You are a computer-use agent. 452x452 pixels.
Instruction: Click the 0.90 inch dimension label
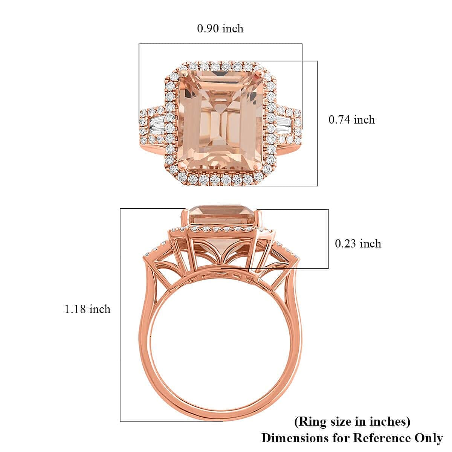point(220,29)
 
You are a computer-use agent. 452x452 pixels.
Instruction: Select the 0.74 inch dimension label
point(352,120)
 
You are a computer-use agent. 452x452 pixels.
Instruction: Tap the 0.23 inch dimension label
point(358,244)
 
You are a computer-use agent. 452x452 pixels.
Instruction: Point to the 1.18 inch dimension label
point(88,309)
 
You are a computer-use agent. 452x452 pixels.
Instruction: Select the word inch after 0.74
point(364,120)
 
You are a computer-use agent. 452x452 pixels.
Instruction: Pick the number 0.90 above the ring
point(208,29)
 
